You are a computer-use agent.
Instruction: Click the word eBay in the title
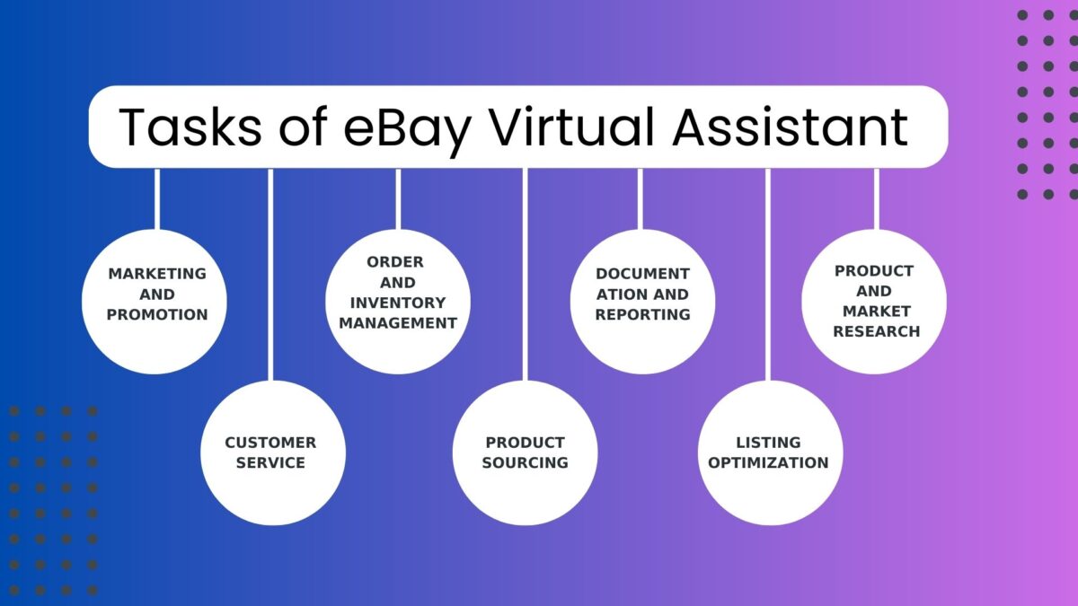point(409,127)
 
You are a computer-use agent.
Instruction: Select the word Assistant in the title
point(791,127)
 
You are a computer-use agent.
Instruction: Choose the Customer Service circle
point(272,452)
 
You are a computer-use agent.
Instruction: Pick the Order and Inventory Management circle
point(398,302)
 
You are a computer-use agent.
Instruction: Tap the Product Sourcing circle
point(525,452)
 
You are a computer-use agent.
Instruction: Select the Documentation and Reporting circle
point(642,302)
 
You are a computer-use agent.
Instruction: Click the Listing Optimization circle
point(769,452)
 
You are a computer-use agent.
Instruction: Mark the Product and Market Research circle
point(875,302)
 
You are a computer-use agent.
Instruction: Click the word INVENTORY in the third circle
point(398,303)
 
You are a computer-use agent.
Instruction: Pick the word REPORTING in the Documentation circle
point(642,314)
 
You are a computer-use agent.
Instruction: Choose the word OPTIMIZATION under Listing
point(769,462)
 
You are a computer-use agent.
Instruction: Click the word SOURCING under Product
point(525,462)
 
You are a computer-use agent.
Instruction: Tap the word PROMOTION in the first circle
point(157,314)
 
